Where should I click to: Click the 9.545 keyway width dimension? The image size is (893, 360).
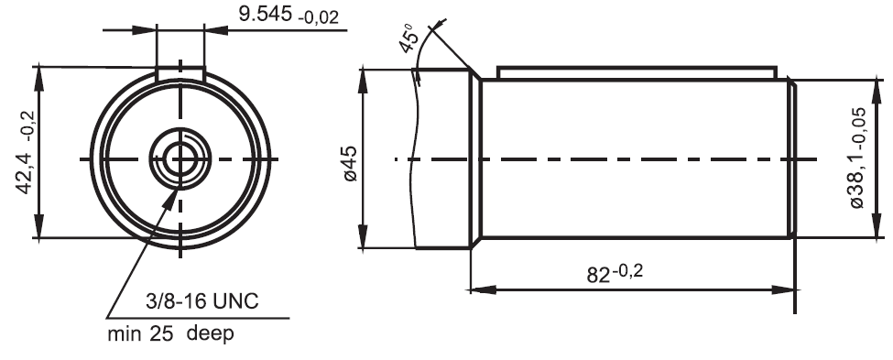click(x=265, y=14)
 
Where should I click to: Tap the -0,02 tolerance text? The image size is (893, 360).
click(x=318, y=17)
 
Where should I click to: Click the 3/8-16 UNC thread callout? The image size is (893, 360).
click(x=202, y=300)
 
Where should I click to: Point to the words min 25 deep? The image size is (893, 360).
click(x=170, y=333)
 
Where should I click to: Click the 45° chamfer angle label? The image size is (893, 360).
click(x=410, y=38)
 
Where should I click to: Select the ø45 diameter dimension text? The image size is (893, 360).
click(x=350, y=164)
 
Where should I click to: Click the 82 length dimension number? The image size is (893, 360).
click(x=599, y=276)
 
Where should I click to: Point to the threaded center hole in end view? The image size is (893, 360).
click(x=180, y=158)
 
